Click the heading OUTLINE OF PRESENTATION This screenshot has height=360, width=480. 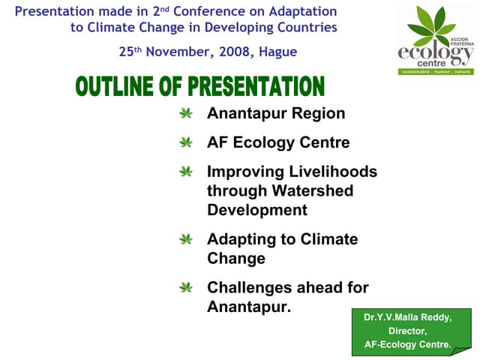[x=199, y=86]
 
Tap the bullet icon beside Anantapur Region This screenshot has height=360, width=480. [x=186, y=114]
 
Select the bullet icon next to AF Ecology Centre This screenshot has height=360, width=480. [x=186, y=142]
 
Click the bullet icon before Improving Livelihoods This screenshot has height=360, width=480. [x=186, y=172]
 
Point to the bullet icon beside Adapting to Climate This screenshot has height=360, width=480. [x=186, y=239]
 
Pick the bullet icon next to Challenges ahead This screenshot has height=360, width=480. [x=186, y=287]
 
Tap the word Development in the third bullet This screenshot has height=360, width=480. [x=257, y=210]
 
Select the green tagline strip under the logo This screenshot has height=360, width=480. [x=436, y=71]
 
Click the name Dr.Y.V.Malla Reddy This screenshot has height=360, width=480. [x=408, y=317]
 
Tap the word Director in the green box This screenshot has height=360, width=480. [x=407, y=331]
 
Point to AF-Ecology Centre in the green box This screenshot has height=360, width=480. [x=407, y=345]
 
